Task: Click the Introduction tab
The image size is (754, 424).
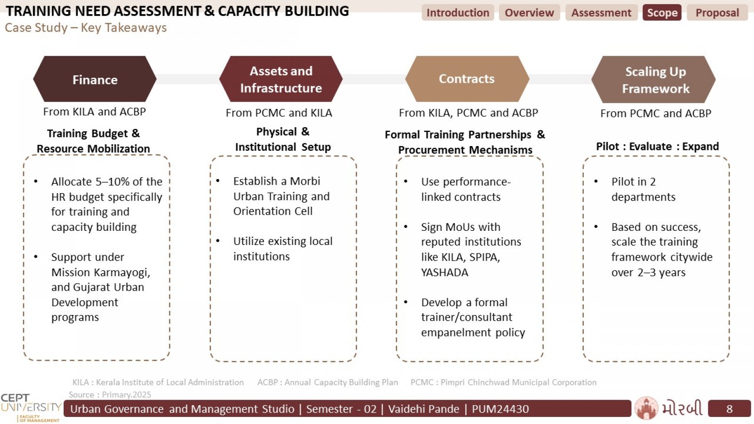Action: pos(458,12)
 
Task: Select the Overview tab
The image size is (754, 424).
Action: pos(529,12)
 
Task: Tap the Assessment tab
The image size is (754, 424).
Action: pos(601,12)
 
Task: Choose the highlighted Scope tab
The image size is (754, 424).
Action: pos(662,12)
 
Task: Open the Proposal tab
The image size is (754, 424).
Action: pos(717,12)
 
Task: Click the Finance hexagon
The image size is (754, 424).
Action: pos(95,79)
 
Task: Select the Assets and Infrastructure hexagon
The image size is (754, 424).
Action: pos(281,79)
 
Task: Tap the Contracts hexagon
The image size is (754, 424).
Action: pos(467,79)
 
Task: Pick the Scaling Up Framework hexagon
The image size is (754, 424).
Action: pos(653,80)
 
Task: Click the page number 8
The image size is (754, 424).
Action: pos(729,409)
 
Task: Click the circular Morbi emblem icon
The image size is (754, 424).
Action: pos(646,408)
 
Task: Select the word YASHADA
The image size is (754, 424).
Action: pos(445,272)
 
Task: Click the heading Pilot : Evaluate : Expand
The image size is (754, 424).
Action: pos(657,147)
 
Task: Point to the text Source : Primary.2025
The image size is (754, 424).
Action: pos(110,394)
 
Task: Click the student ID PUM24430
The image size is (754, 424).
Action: pos(500,409)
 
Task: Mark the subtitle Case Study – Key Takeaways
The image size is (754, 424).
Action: pos(86,28)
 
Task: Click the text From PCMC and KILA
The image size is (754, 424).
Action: pos(279,113)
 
